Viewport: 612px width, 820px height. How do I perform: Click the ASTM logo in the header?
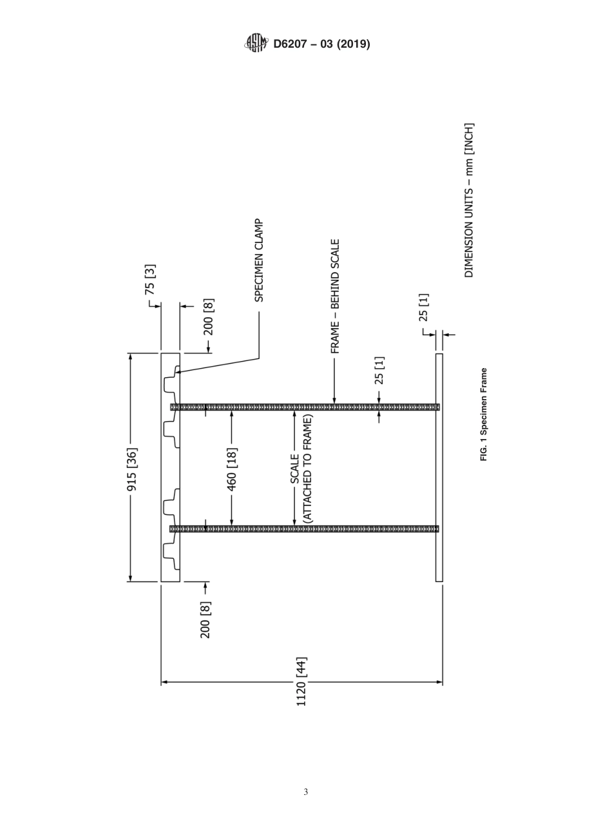tap(256, 44)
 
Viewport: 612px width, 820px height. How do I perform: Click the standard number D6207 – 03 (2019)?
tap(321, 44)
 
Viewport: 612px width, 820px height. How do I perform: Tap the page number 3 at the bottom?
tap(305, 792)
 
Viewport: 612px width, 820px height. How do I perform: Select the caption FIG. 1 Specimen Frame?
tap(484, 414)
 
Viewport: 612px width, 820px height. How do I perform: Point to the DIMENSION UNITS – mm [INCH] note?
tap(469, 200)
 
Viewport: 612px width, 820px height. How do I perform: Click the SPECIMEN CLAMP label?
tap(258, 260)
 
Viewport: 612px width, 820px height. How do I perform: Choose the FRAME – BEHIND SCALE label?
tap(335, 297)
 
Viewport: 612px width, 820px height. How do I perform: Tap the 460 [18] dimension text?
tap(232, 468)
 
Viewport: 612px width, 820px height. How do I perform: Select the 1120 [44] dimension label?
tap(301, 681)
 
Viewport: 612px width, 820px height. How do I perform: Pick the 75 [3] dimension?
tap(150, 279)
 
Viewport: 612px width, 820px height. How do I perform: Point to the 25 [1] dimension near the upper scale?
tap(379, 370)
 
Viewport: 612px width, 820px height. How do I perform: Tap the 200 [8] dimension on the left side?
tap(206, 620)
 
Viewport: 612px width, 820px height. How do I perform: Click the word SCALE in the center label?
tap(295, 469)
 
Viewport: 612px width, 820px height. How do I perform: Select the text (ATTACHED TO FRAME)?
tap(307, 468)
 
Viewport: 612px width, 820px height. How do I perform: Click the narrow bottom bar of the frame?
tap(439, 467)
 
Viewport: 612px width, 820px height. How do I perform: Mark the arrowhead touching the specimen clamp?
tap(178, 372)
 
